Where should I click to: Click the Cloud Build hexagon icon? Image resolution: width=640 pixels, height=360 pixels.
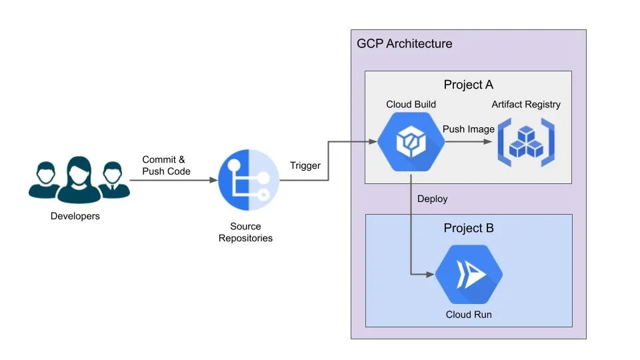(411, 141)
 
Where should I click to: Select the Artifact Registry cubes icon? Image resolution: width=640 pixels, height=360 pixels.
(526, 143)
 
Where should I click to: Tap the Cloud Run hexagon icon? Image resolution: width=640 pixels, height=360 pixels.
(469, 274)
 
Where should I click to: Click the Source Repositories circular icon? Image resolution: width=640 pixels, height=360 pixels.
(249, 180)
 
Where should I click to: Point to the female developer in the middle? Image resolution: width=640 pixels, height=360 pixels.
(79, 179)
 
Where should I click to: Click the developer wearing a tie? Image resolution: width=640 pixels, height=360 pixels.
(113, 180)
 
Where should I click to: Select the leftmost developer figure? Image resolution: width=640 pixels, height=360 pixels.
(45, 180)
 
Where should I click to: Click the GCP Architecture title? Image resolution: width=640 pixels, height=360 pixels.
(405, 44)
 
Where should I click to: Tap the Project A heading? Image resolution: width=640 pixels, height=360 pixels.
(469, 85)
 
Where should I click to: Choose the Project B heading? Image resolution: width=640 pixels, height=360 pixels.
(469, 228)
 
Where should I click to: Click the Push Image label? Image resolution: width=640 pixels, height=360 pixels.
(469, 129)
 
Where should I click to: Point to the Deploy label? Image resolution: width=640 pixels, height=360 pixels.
(432, 199)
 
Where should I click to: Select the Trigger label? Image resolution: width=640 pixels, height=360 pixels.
(305, 165)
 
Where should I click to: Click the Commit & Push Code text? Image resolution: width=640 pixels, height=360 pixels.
(166, 165)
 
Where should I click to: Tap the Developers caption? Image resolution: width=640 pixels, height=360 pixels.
(75, 216)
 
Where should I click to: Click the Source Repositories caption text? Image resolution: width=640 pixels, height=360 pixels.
(245, 232)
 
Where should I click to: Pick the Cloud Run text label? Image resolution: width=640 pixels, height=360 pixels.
(469, 314)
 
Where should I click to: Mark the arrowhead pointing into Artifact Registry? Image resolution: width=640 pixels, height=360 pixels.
(488, 141)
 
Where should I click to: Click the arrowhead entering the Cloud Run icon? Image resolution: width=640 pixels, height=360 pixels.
(430, 274)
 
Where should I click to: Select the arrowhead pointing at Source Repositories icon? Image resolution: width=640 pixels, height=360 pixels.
(213, 180)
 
